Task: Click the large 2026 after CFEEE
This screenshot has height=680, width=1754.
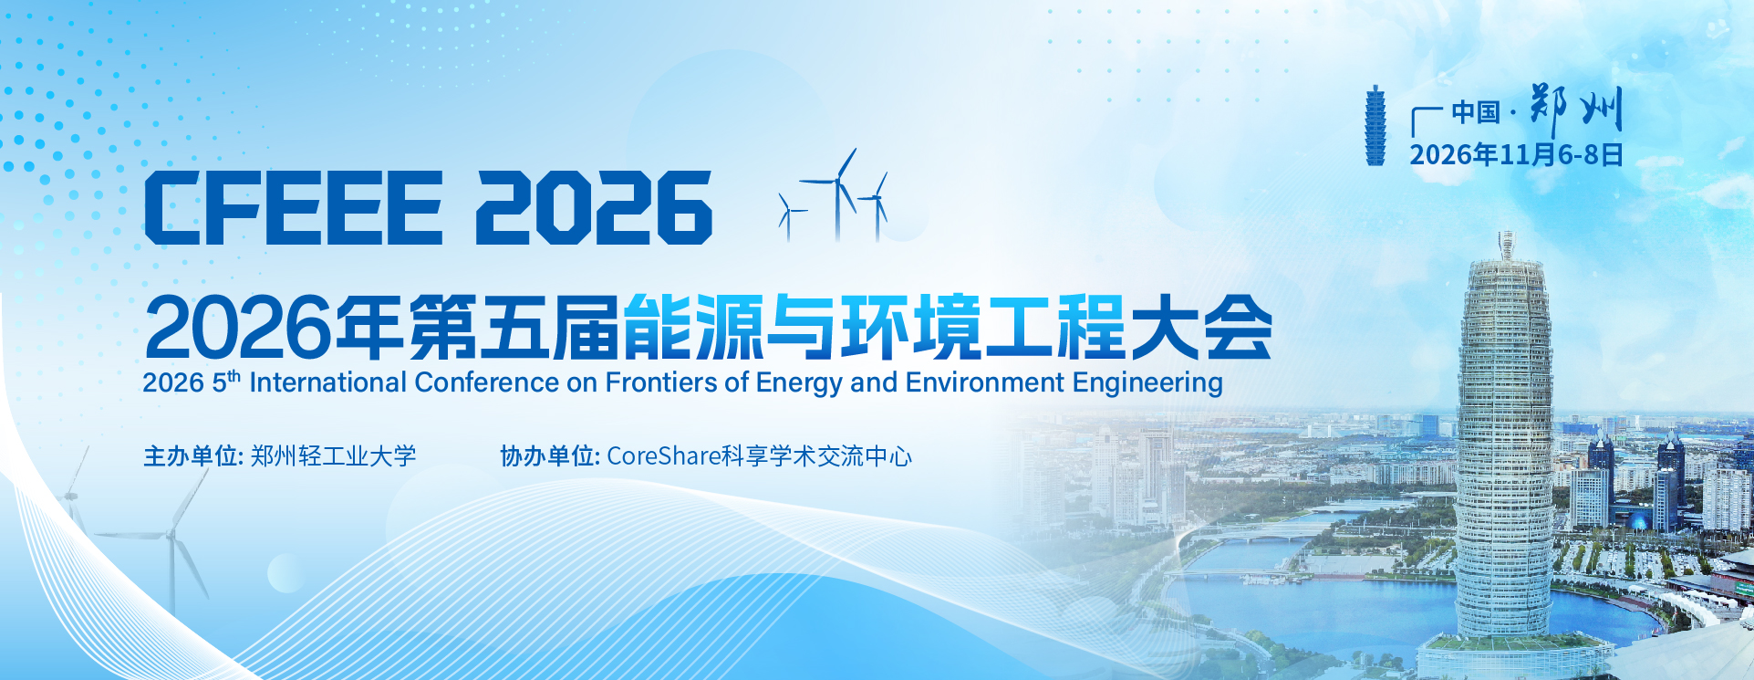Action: pyautogui.click(x=594, y=207)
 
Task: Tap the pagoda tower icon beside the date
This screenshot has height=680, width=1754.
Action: pyautogui.click(x=1375, y=126)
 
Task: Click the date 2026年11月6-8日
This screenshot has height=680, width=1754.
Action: pyautogui.click(x=1516, y=154)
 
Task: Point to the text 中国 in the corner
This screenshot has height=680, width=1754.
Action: pyautogui.click(x=1476, y=112)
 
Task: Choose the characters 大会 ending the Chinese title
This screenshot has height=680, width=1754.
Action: pyautogui.click(x=1200, y=327)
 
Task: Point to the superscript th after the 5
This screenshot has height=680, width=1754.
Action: pyautogui.click(x=234, y=374)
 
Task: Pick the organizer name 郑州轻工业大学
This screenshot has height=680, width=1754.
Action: pyautogui.click(x=334, y=455)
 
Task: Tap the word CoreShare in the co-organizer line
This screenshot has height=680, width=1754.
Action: pyautogui.click(x=663, y=455)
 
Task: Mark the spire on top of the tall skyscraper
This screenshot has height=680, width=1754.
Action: pyautogui.click(x=1506, y=245)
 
